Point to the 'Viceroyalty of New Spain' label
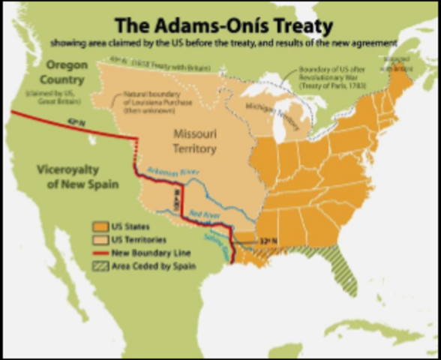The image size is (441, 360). click(x=78, y=176)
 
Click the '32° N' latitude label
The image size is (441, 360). click(x=267, y=241)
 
